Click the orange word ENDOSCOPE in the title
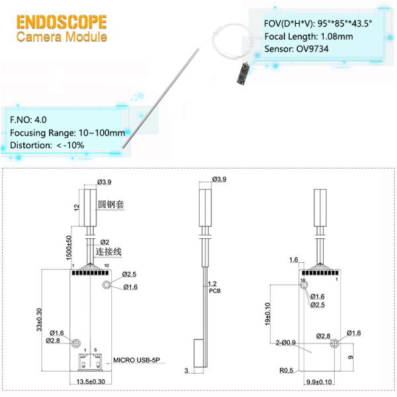tap(62, 22)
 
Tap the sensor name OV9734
tap(312, 48)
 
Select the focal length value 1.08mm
tap(337, 36)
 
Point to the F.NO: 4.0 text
tap(28, 120)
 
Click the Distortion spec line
tap(47, 146)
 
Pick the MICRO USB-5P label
tap(136, 360)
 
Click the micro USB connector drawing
tap(91, 361)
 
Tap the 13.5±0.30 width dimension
tap(91, 382)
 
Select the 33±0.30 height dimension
tap(39, 320)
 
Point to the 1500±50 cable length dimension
tap(69, 247)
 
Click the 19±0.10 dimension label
tap(267, 314)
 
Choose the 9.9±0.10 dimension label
tap(319, 382)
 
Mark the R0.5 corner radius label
tap(286, 371)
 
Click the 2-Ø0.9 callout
tap(286, 343)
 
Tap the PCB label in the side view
tap(214, 291)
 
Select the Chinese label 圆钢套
tap(111, 204)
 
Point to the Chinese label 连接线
tap(109, 251)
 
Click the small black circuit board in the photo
tap(243, 73)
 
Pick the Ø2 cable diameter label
tap(105, 242)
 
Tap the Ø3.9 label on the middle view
tap(219, 179)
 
